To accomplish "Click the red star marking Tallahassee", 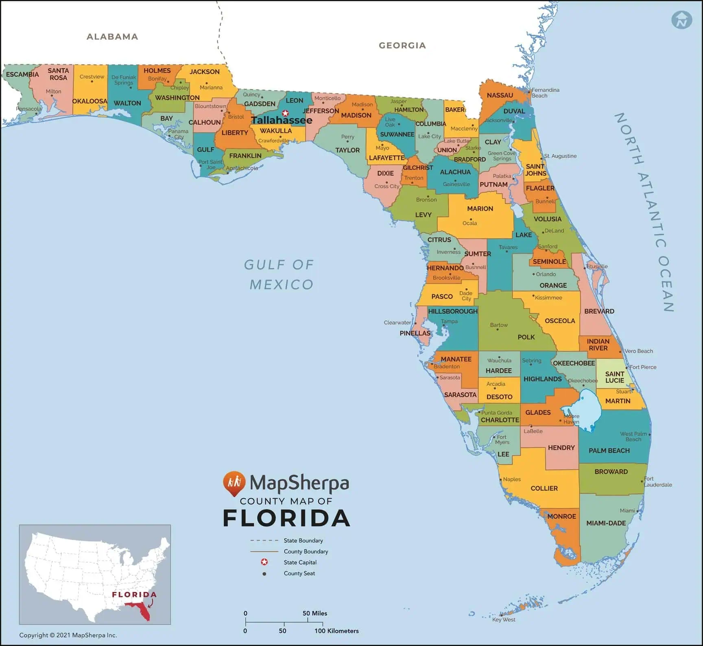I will pyautogui.click(x=285, y=113).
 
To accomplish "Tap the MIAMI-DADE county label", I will pyautogui.click(x=606, y=523).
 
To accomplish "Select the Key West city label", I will pyautogui.click(x=504, y=620).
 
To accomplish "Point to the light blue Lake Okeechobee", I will pyautogui.click(x=586, y=409).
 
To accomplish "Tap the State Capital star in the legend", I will pyautogui.click(x=264, y=562).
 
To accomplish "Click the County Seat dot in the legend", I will pyautogui.click(x=264, y=574).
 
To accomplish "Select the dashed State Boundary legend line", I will pyautogui.click(x=264, y=541).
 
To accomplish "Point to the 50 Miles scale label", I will pyautogui.click(x=314, y=613).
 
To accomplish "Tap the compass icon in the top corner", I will pyautogui.click(x=682, y=20).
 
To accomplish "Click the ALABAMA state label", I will pyautogui.click(x=112, y=37).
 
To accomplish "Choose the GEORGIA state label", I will pyautogui.click(x=402, y=46).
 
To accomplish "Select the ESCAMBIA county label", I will pyautogui.click(x=22, y=74).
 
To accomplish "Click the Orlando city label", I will pyautogui.click(x=546, y=274).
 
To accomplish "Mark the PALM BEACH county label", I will pyautogui.click(x=609, y=450).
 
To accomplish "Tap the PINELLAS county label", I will pyautogui.click(x=415, y=333).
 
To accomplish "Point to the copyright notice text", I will pyautogui.click(x=68, y=635).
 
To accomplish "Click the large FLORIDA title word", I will pyautogui.click(x=286, y=518).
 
